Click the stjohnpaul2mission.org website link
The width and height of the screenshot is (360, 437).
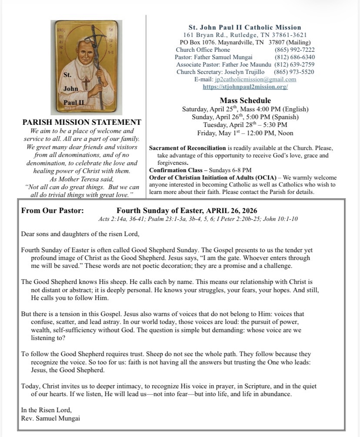click(245, 87)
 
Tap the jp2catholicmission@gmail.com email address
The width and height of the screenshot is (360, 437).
click(255, 79)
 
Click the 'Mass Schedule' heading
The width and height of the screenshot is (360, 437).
click(245, 100)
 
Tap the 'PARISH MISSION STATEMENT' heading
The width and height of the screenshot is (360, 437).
click(82, 123)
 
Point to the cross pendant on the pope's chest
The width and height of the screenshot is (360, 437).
click(86, 83)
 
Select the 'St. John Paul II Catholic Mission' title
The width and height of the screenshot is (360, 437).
click(245, 27)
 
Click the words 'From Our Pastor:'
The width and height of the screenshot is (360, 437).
click(53, 211)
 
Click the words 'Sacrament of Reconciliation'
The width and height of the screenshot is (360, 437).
click(187, 148)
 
